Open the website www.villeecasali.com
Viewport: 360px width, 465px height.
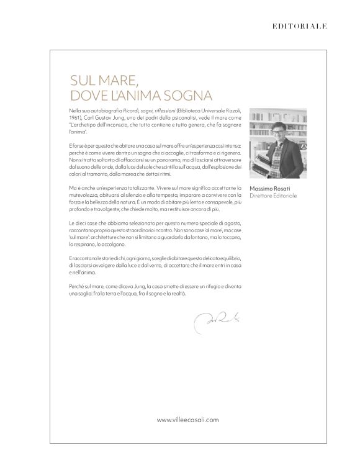pos(187,420)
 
